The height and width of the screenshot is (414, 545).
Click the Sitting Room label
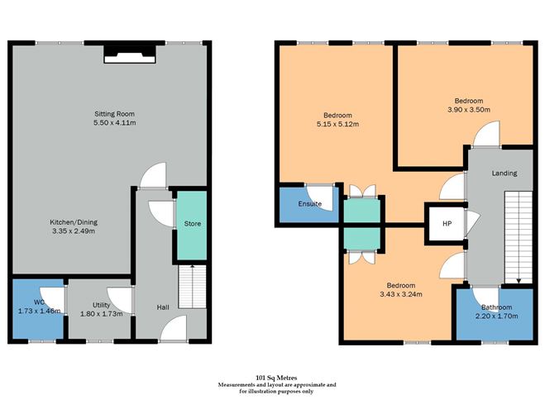(x=113, y=113)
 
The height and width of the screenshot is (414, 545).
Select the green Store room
(x=191, y=224)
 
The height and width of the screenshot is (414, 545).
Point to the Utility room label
(x=101, y=306)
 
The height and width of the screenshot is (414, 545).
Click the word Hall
(x=163, y=307)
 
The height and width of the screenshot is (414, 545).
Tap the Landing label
(x=504, y=174)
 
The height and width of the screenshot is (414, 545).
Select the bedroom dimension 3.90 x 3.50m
(x=468, y=109)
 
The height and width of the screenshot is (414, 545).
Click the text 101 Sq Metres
(x=277, y=377)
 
